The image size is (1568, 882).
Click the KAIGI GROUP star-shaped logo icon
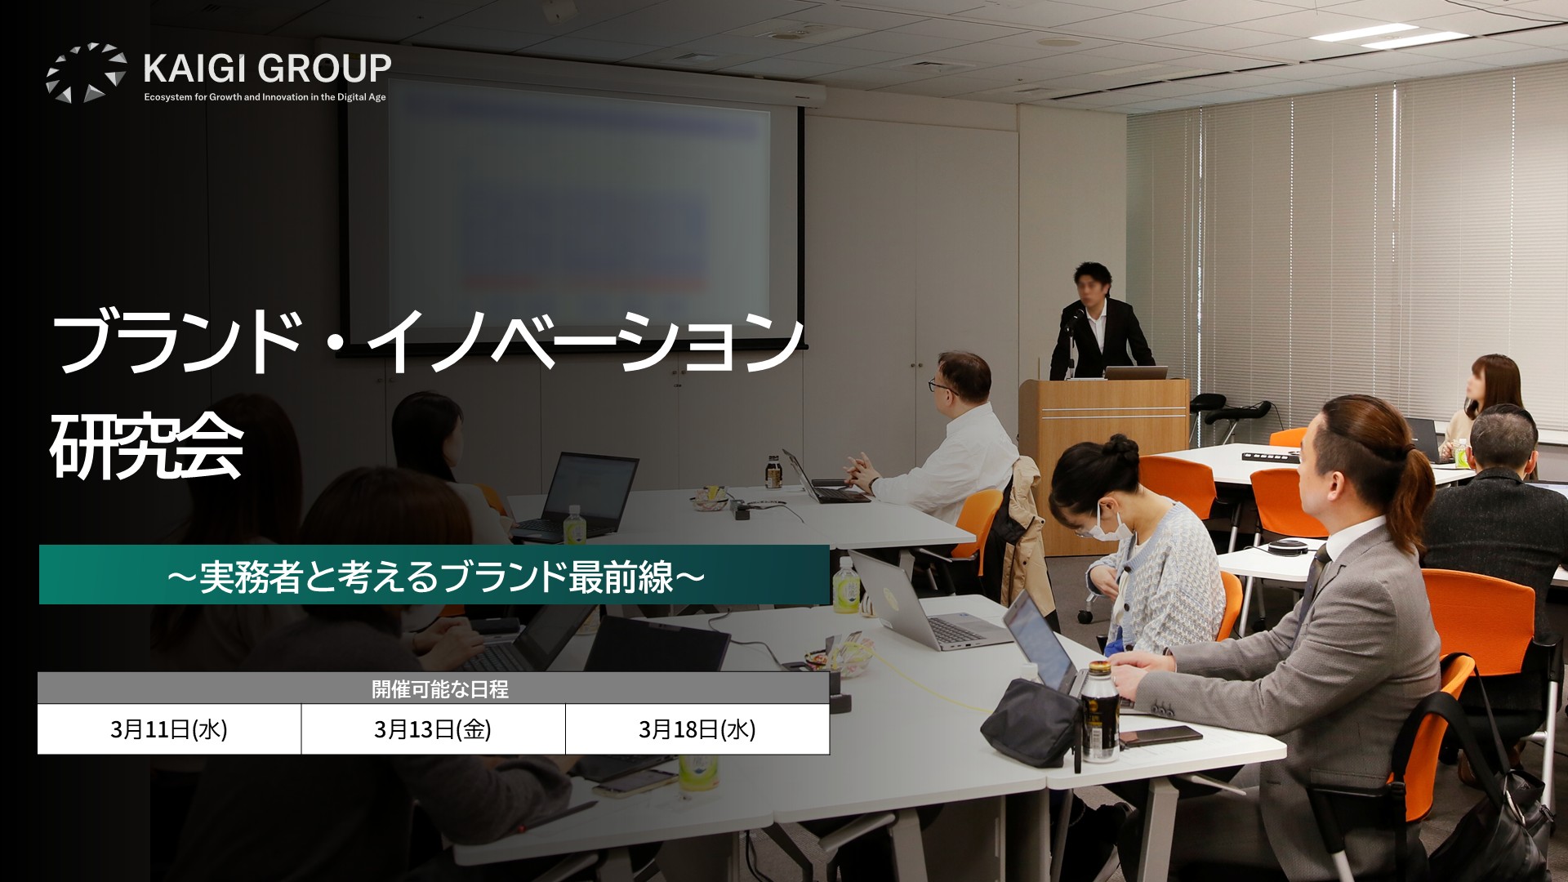(x=86, y=73)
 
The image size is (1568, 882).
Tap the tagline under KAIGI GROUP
(x=265, y=97)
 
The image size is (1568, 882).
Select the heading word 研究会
(x=147, y=448)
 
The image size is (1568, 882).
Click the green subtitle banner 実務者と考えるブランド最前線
(x=434, y=575)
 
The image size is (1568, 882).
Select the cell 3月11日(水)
(x=169, y=729)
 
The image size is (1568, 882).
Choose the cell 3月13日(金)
(x=433, y=729)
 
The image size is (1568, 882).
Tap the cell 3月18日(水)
(x=697, y=729)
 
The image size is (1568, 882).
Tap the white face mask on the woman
(x=1102, y=521)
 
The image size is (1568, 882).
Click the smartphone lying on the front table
(x=1160, y=736)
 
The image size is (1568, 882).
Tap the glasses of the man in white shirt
(x=938, y=385)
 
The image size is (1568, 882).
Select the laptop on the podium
(x=1137, y=373)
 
